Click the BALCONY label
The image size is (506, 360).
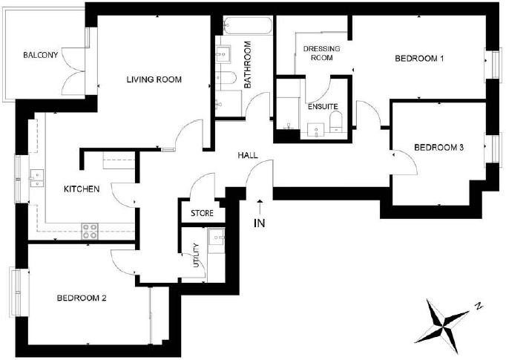(40, 56)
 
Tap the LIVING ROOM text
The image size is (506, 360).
(154, 79)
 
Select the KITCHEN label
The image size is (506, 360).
(82, 189)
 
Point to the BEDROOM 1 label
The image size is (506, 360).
(419, 59)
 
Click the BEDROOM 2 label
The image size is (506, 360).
(82, 298)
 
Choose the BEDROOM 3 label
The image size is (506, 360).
(438, 148)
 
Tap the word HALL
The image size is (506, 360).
(248, 156)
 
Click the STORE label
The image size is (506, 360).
(202, 214)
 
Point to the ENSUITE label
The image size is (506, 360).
(323, 107)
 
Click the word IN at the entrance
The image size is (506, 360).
(260, 223)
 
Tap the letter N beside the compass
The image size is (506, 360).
(480, 306)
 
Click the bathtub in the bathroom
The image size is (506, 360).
(243, 27)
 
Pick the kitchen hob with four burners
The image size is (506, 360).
(91, 231)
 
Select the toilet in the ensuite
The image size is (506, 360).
(335, 123)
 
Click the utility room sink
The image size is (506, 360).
(217, 239)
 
